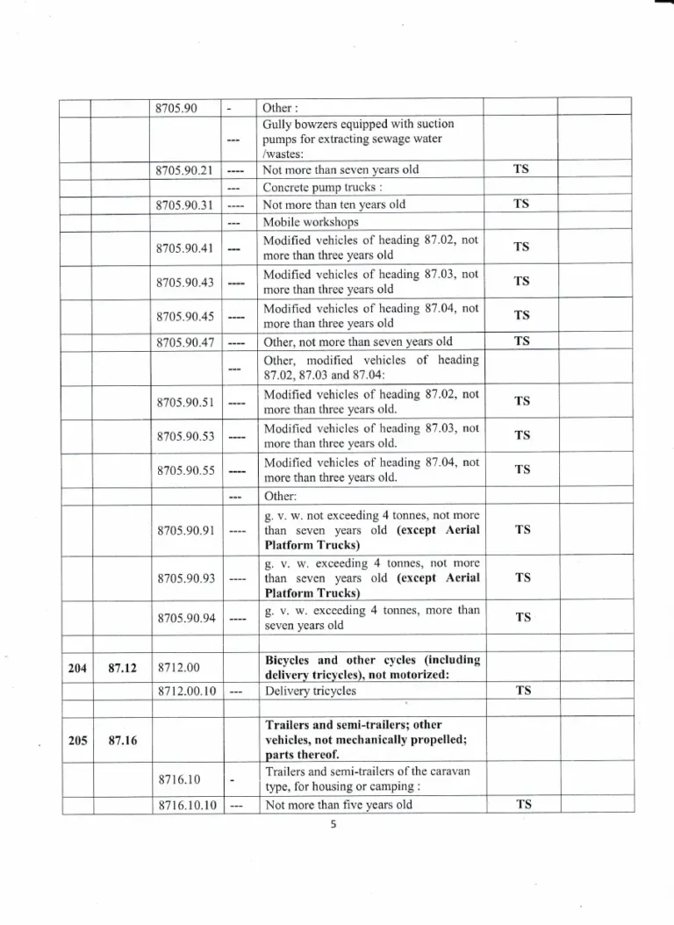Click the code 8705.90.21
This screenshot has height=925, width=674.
tap(184, 169)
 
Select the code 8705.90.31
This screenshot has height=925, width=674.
tap(184, 204)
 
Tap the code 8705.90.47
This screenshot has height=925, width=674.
tap(184, 341)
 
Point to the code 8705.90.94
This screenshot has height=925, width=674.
tap(184, 618)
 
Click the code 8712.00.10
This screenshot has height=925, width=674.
tap(184, 691)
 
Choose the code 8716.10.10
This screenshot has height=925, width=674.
tap(184, 805)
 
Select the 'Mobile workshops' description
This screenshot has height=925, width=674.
tap(312, 222)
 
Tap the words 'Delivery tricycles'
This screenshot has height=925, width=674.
tap(311, 691)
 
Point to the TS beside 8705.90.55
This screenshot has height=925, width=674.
tap(521, 470)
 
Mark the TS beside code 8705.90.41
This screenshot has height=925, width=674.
tap(521, 247)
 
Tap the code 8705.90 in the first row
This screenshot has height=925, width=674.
tap(176, 108)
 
